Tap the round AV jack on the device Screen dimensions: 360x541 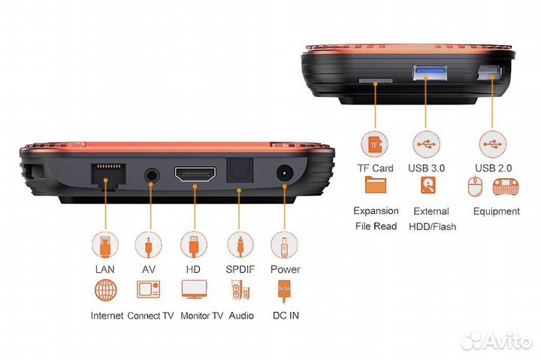click(153, 177)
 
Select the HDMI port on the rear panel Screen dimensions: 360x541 click(195, 177)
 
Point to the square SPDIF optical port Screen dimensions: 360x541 click(240, 175)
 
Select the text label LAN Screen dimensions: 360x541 click(104, 269)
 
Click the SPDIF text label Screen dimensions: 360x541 click(240, 269)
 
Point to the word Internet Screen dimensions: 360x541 click(106, 315)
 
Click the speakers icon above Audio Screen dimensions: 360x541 click(240, 290)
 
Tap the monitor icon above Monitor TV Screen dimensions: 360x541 click(195, 290)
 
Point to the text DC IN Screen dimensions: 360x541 click(285, 315)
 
